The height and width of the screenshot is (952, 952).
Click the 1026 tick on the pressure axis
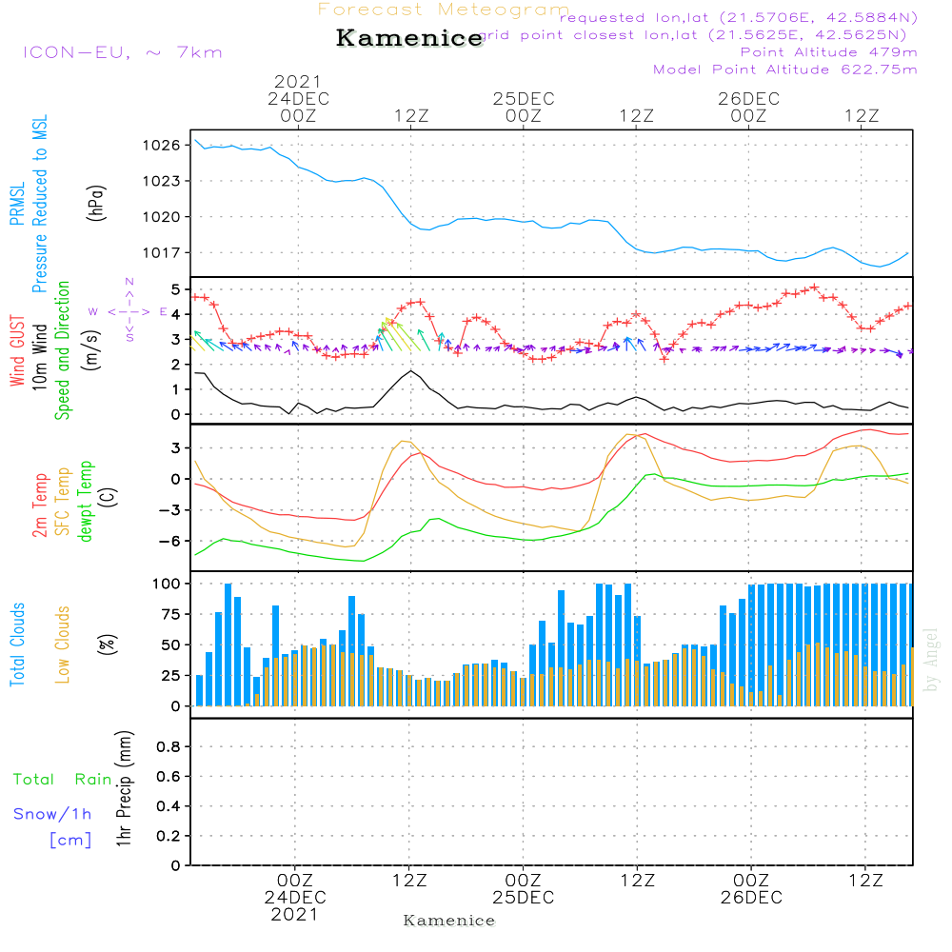pyautogui.click(x=161, y=146)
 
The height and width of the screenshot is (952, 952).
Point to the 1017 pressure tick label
pyautogui.click(x=161, y=252)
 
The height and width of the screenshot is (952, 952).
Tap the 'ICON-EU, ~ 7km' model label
pyautogui.click(x=122, y=52)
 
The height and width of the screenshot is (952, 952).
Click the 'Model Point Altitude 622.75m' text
pyautogui.click(x=785, y=69)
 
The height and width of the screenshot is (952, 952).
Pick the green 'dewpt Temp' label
pyautogui.click(x=86, y=502)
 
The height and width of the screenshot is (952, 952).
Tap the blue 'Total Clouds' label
pyautogui.click(x=17, y=645)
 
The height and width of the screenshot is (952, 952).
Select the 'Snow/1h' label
pyautogui.click(x=53, y=814)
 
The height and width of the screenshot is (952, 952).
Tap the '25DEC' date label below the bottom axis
pyautogui.click(x=523, y=898)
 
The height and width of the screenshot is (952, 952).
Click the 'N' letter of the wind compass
pyautogui.click(x=129, y=282)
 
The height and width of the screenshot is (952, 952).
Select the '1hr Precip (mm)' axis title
pyautogui.click(x=123, y=790)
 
